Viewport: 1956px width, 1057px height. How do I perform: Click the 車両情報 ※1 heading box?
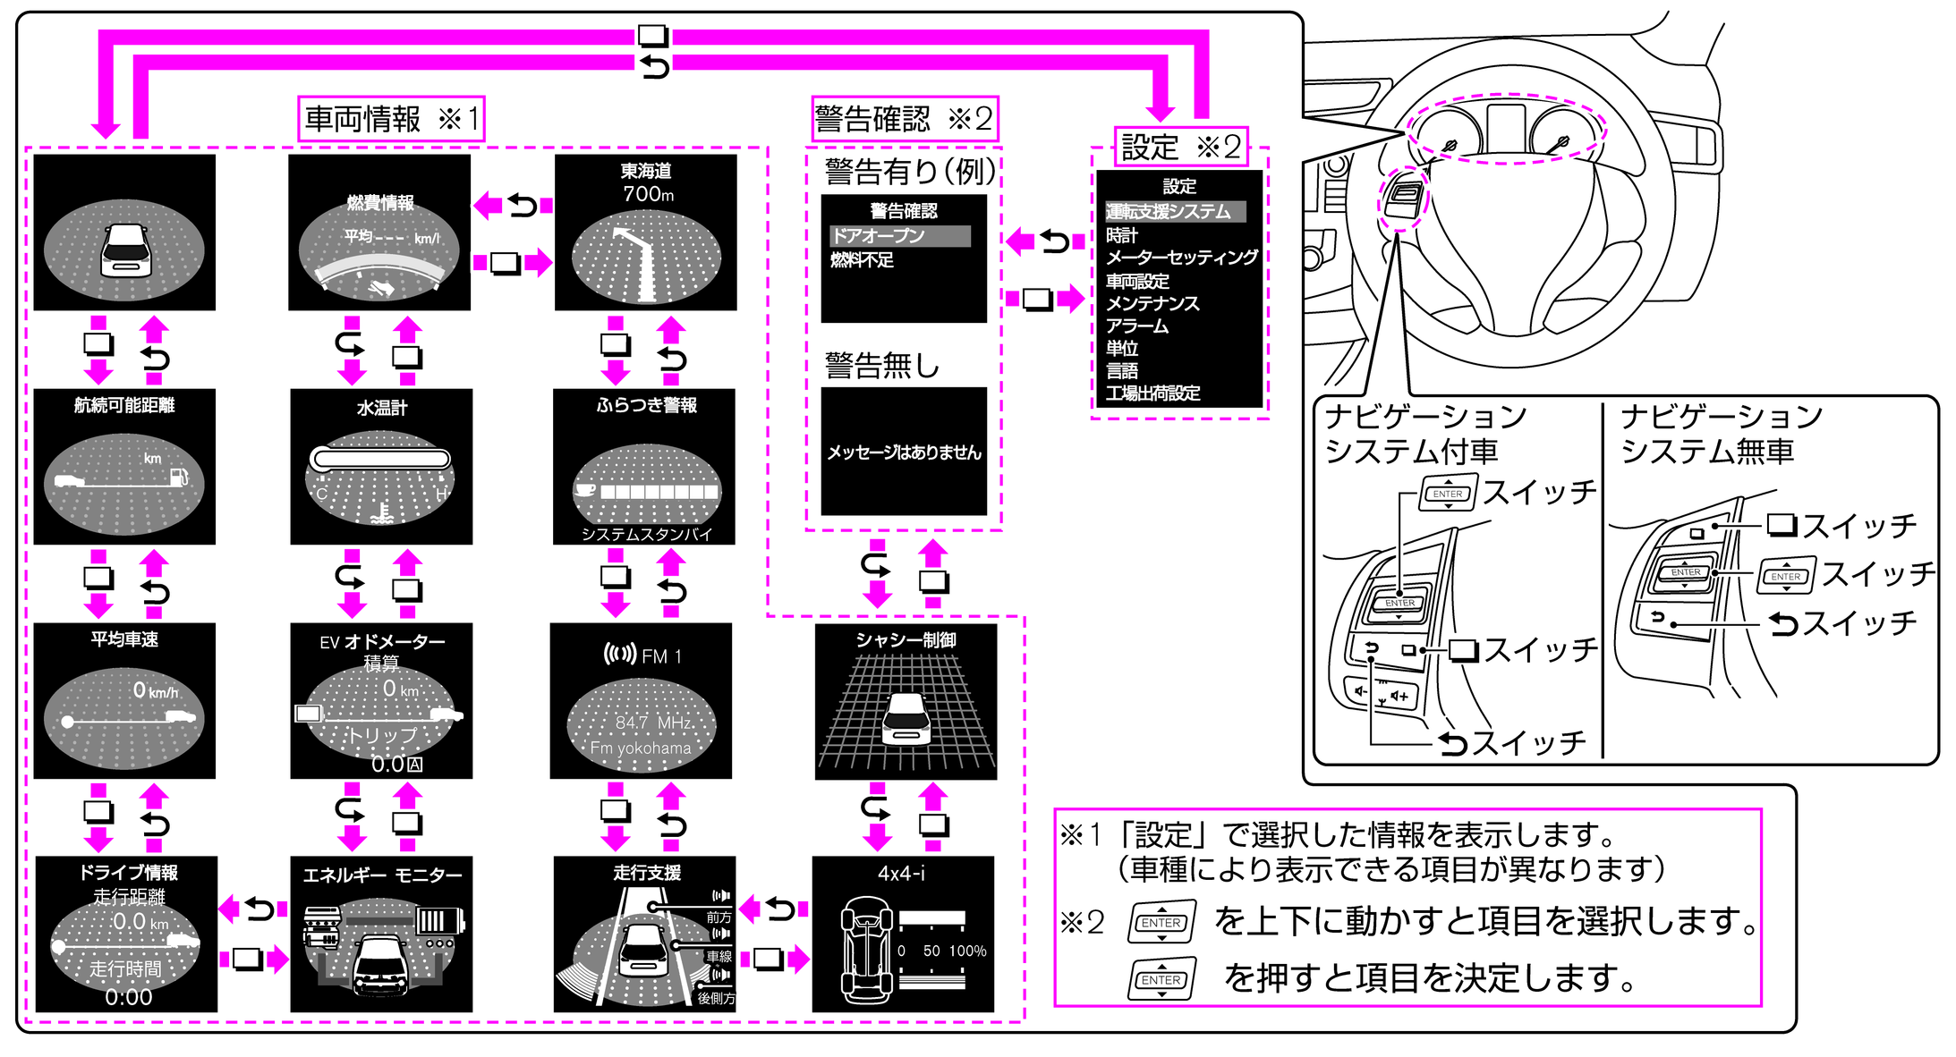pos(391,119)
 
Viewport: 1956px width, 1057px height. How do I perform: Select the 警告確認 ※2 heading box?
pos(904,119)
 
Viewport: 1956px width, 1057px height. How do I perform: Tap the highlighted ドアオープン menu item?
pos(899,236)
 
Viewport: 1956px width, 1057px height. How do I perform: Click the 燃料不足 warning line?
pos(862,260)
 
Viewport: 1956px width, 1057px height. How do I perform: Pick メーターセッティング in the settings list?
pos(1181,258)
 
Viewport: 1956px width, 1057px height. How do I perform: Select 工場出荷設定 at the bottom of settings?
pos(1152,393)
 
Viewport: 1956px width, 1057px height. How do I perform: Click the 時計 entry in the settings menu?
pos(1122,235)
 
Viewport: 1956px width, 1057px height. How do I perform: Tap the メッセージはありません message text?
pos(904,452)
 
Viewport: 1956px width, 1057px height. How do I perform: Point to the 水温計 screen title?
pos(382,408)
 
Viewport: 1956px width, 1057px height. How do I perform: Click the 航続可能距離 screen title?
pos(124,405)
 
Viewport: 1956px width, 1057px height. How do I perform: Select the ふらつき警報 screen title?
pos(647,405)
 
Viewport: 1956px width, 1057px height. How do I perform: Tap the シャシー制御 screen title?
pos(906,639)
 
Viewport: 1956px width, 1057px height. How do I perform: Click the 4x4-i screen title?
pos(902,874)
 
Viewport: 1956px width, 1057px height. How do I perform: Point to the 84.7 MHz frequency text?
pos(653,722)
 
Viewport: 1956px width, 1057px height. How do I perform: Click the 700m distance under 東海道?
pos(649,194)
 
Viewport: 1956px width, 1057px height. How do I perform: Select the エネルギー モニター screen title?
pos(382,875)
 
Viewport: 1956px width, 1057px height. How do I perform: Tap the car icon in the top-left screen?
pos(125,249)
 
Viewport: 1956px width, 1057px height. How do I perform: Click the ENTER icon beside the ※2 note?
pos(1161,922)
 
